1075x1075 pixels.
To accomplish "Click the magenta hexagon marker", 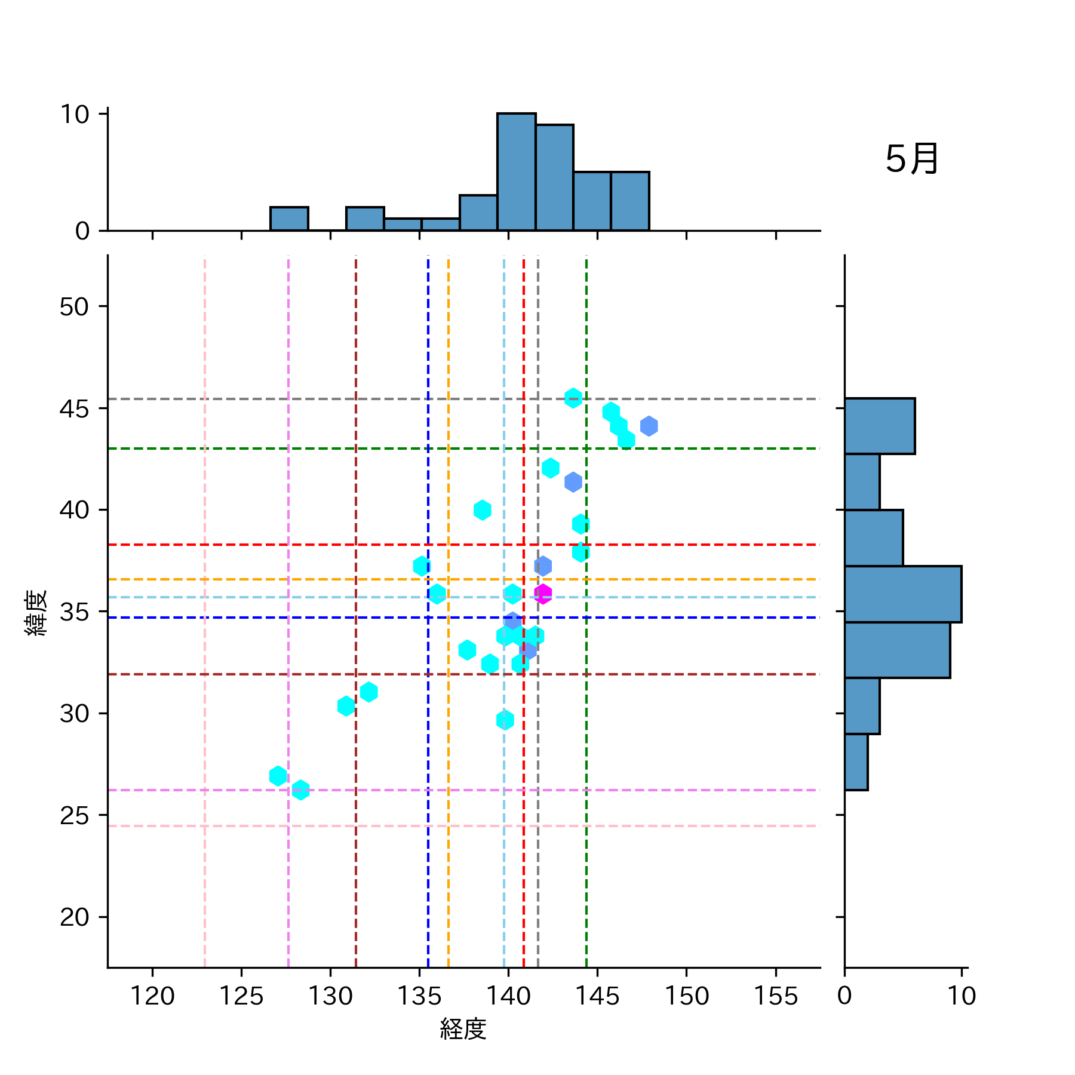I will click(x=542, y=594).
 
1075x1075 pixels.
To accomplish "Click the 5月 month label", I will click(x=911, y=159).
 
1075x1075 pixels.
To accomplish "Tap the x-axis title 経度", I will click(x=463, y=1028).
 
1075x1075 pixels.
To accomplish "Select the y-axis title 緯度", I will click(x=36, y=613).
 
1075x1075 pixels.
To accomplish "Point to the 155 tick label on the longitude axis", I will click(x=775, y=996).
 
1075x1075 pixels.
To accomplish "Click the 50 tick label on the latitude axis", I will click(x=75, y=307).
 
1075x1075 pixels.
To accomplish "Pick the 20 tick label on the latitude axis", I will click(x=75, y=917).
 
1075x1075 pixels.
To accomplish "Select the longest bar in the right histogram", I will click(x=902, y=594).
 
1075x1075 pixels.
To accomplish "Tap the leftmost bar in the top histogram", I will click(x=289, y=219).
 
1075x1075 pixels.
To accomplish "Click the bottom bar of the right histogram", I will click(x=856, y=762).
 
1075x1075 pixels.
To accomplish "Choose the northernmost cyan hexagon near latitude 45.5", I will click(x=573, y=398).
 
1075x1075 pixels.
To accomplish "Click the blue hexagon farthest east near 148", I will click(x=649, y=426).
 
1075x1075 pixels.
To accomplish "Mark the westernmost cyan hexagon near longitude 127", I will click(x=278, y=776).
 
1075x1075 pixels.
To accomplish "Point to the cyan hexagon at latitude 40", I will click(x=482, y=510).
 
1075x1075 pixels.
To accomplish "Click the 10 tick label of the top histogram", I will click(x=75, y=114).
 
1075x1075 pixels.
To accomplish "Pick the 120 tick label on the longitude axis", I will click(x=152, y=996).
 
